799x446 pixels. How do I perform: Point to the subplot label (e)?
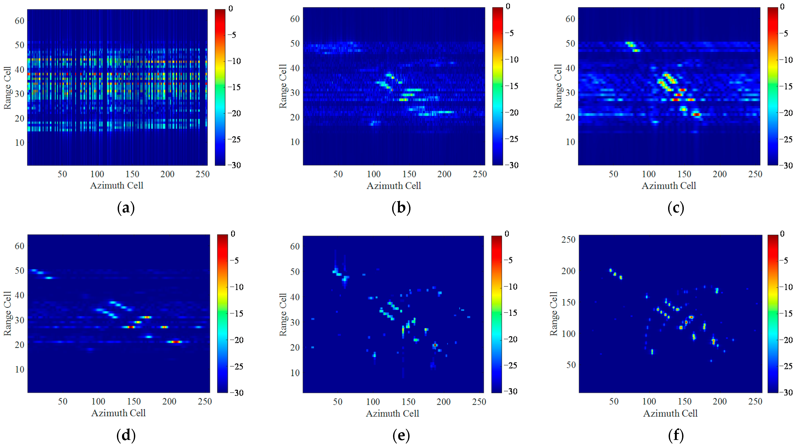tap(401, 435)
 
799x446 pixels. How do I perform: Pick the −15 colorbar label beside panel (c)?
tap(786, 86)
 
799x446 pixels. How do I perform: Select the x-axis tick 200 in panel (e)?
tap(444, 402)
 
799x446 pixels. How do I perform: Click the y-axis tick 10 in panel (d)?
tap(19, 369)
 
